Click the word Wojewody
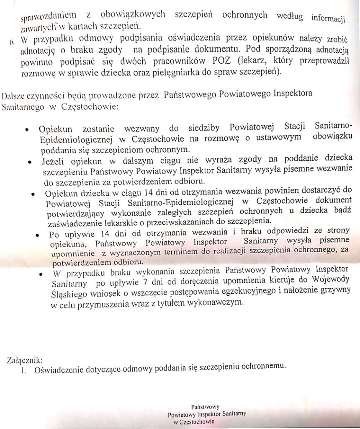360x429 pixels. coord(331,283)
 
